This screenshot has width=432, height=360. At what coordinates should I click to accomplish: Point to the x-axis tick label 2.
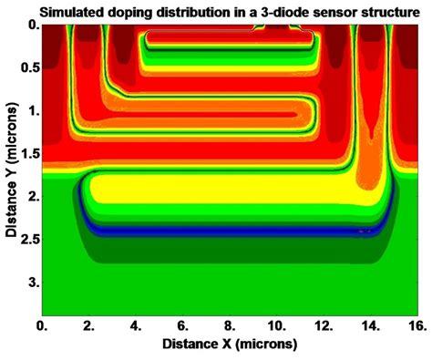(90, 325)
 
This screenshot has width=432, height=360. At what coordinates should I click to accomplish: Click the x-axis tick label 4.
(137, 325)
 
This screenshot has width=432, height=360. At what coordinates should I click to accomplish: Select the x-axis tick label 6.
(184, 325)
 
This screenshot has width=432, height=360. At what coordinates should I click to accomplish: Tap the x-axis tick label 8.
(231, 325)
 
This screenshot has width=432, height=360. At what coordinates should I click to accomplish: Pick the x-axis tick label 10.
(278, 325)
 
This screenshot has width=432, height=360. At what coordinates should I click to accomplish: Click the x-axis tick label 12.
(325, 325)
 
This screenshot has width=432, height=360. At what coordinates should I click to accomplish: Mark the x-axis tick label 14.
(373, 325)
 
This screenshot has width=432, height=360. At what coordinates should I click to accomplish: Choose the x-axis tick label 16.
(419, 325)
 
